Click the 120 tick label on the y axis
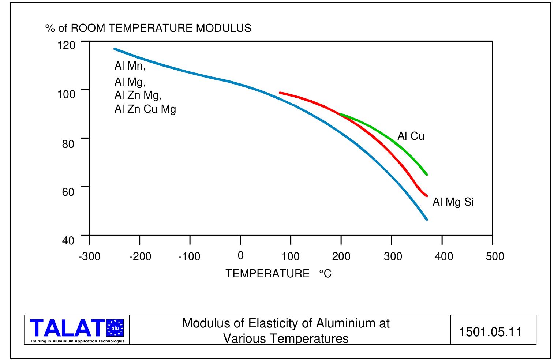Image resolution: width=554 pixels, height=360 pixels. point(66,45)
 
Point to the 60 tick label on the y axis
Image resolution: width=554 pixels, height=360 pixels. point(68,192)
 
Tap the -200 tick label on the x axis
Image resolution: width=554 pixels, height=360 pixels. point(140,256)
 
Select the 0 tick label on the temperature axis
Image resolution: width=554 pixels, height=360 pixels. point(240,256)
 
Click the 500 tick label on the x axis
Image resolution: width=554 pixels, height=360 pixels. point(495,256)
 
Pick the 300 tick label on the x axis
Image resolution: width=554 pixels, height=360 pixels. point(393,256)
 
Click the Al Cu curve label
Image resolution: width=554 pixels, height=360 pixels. point(411,136)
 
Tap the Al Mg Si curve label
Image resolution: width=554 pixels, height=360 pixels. point(453,202)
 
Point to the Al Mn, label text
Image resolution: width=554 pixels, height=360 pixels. point(130,66)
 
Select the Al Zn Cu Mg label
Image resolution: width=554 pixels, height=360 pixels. point(145,109)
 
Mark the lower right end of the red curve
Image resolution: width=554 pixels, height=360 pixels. point(427,196)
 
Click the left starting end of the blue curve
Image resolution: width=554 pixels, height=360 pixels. point(115,49)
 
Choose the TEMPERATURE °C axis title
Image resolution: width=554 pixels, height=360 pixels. point(278,273)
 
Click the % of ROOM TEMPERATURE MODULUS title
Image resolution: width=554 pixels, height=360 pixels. point(148,28)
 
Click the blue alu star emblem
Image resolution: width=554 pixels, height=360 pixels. point(115,328)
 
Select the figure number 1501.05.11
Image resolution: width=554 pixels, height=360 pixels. point(490,331)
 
